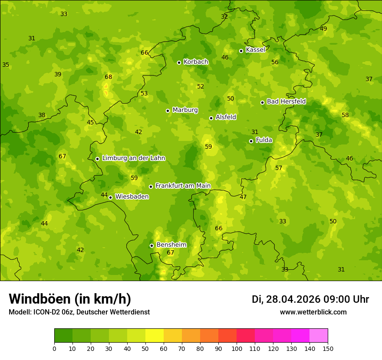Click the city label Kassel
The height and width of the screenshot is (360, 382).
[255, 50]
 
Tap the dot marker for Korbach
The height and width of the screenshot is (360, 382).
[179, 62]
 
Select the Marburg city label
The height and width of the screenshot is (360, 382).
[185, 110]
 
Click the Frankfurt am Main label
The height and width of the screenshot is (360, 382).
[183, 186]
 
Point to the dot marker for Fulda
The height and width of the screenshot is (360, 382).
[251, 141]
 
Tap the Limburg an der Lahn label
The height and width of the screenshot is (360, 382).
[133, 158]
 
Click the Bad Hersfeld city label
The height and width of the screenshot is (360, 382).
[286, 102]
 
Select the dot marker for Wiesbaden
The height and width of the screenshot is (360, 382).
[110, 197]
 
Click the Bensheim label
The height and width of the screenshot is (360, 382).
[171, 245]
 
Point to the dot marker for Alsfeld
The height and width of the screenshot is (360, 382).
[211, 118]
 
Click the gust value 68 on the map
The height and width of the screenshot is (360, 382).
[109, 77]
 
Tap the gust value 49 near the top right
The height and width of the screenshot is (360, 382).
[323, 29]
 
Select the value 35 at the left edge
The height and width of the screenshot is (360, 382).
[6, 65]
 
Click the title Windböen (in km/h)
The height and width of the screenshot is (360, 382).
[70, 299]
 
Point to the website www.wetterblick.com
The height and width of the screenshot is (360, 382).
[313, 312]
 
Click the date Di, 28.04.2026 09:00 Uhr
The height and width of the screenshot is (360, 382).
[310, 299]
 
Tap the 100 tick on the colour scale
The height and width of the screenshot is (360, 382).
[237, 348]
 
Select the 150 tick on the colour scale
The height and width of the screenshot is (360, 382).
[328, 348]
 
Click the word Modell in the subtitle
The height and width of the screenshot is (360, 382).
[20, 312]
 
